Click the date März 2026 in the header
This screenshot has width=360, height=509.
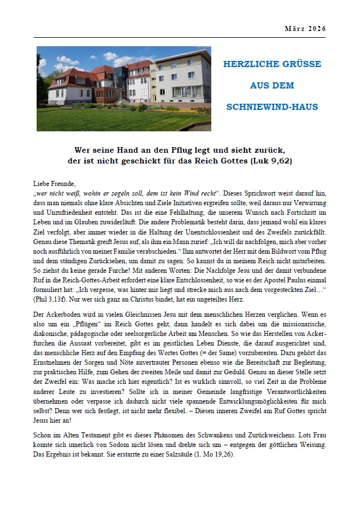click(305, 29)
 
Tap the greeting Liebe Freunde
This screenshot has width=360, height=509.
click(55, 183)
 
